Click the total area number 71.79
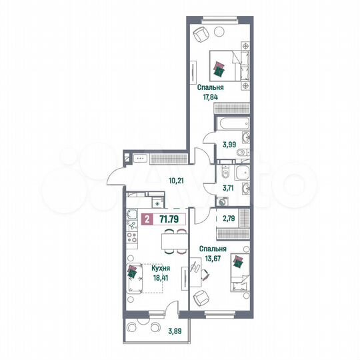169,218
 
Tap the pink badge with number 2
147,218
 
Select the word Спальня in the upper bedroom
210,87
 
